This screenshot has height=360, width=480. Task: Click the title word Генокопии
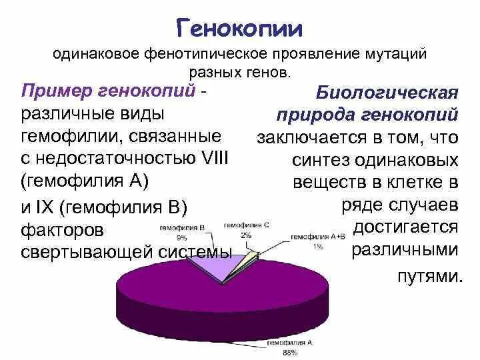[239, 28]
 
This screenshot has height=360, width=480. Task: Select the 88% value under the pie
[290, 352]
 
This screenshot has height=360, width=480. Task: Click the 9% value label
[181, 237]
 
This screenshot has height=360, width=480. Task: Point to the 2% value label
[246, 235]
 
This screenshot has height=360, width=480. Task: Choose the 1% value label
[319, 246]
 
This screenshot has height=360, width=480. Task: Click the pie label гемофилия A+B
[318, 237]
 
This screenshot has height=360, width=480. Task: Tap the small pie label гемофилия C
[246, 225]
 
